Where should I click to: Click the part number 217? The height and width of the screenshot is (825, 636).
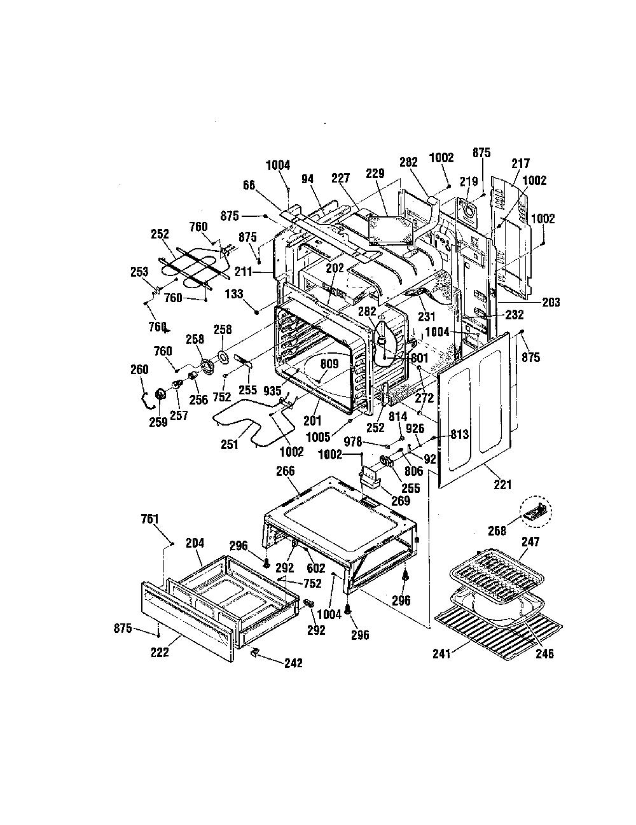click(x=520, y=163)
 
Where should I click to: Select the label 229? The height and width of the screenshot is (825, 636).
click(x=375, y=174)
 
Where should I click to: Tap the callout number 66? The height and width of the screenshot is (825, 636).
click(x=249, y=186)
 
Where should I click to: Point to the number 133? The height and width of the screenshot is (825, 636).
click(x=234, y=294)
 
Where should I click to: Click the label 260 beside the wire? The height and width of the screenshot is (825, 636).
click(x=139, y=370)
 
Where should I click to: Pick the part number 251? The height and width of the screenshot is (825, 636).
click(x=230, y=445)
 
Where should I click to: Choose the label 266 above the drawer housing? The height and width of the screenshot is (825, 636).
click(x=286, y=471)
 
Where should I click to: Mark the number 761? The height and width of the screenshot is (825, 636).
click(x=149, y=519)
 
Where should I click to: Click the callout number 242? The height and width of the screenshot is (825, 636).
click(x=294, y=663)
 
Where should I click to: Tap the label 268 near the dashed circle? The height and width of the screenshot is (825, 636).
click(x=497, y=530)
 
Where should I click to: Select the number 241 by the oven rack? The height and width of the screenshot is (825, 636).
click(x=442, y=654)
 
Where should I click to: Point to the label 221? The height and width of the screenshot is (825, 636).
click(x=502, y=485)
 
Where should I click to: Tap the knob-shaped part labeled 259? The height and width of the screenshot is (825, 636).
click(x=160, y=395)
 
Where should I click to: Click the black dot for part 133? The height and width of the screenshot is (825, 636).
click(x=257, y=312)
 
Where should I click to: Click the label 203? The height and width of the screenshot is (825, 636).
click(x=551, y=303)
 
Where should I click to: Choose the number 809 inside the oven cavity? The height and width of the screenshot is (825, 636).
click(x=329, y=364)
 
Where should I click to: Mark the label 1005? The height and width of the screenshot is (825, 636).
click(x=318, y=438)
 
